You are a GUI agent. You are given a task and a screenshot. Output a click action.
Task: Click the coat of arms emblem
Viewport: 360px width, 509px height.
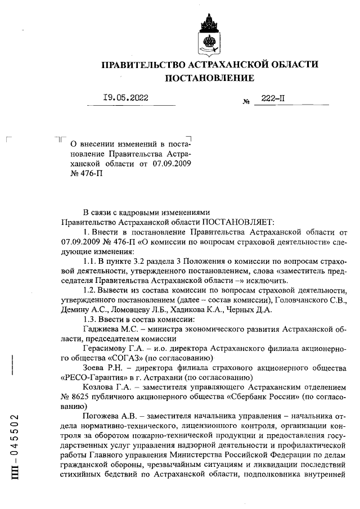(209, 34)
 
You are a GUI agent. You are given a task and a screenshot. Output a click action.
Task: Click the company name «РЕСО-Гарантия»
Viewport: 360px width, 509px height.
(94, 379)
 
